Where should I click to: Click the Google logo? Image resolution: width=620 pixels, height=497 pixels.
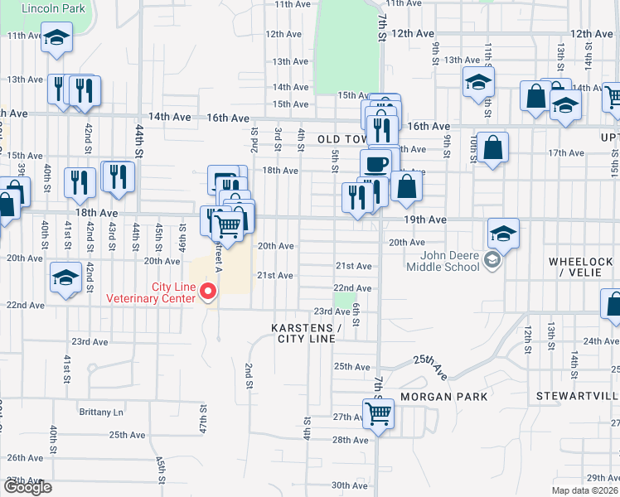click(x=27, y=487)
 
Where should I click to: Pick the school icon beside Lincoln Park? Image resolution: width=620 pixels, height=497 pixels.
click(x=56, y=38)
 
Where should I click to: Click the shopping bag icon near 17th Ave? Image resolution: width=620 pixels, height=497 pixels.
click(x=492, y=148)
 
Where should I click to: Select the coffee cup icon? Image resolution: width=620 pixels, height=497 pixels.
click(x=375, y=163)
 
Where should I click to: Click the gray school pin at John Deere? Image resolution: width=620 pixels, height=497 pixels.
click(x=492, y=261)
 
